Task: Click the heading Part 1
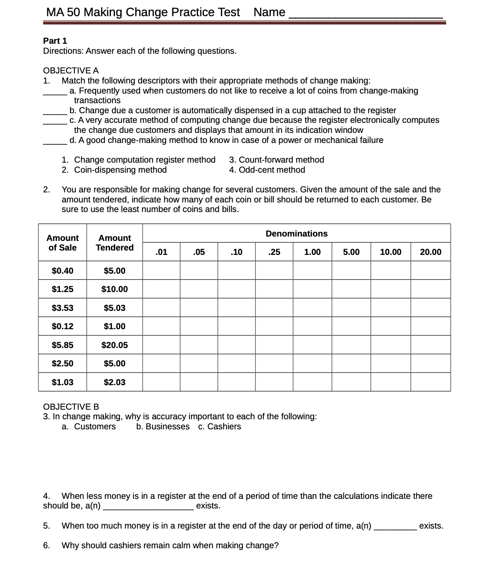(55, 41)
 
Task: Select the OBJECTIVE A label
(71, 70)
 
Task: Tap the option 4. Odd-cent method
(267, 170)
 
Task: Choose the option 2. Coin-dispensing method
(114, 170)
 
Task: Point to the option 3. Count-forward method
(276, 160)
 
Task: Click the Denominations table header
(296, 233)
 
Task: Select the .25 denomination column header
(274, 252)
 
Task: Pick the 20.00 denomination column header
(430, 252)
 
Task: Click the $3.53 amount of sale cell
(63, 308)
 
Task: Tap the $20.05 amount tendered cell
(115, 345)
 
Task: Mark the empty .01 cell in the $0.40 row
(161, 271)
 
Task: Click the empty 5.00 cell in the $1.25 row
(351, 289)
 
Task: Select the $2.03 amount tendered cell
(115, 382)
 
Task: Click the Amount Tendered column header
(115, 243)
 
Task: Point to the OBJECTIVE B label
(71, 407)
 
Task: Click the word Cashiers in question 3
(224, 427)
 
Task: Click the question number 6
(46, 545)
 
